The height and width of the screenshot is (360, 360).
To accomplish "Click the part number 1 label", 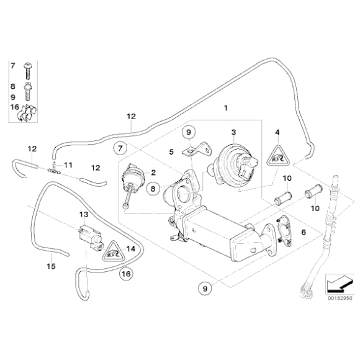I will click(226, 108).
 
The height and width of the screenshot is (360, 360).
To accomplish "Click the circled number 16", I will click(125, 272).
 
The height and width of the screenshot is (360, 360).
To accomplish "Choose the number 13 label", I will click(83, 214).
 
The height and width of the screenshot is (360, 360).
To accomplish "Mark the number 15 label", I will click(51, 266).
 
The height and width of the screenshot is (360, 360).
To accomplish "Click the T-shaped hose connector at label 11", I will click(55, 167).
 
